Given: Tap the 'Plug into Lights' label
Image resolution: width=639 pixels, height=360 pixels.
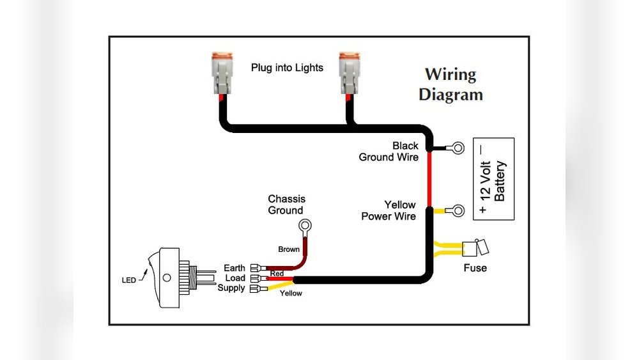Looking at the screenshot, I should pyautogui.click(x=287, y=68).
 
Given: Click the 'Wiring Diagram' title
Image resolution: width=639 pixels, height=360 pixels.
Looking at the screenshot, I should pyautogui.click(x=450, y=84).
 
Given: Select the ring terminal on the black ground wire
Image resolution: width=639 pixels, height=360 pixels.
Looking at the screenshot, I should pyautogui.click(x=456, y=148).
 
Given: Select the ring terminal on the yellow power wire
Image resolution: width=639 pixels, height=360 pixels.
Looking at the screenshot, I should pyautogui.click(x=457, y=210).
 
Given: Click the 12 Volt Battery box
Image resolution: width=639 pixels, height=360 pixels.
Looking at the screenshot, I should pyautogui.click(x=493, y=178).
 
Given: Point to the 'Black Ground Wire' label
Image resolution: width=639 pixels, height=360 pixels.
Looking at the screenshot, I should pyautogui.click(x=389, y=152).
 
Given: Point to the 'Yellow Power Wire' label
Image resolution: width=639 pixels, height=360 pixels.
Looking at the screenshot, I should pyautogui.click(x=389, y=210).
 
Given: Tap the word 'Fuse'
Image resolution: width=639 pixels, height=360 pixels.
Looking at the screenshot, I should pyautogui.click(x=475, y=268).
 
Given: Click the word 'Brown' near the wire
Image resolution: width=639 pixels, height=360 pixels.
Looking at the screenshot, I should pyautogui.click(x=289, y=249).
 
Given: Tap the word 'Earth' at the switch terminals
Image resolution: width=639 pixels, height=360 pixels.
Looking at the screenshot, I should pyautogui.click(x=234, y=268).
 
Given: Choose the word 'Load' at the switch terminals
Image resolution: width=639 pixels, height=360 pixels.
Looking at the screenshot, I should pyautogui.click(x=235, y=278).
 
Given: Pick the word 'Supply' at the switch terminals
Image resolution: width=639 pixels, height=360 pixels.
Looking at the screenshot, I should pyautogui.click(x=231, y=288).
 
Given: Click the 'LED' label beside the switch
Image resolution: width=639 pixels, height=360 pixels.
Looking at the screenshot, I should pyautogui.click(x=128, y=280).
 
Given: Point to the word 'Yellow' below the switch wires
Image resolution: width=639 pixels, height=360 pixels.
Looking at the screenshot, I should pyautogui.click(x=291, y=293).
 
